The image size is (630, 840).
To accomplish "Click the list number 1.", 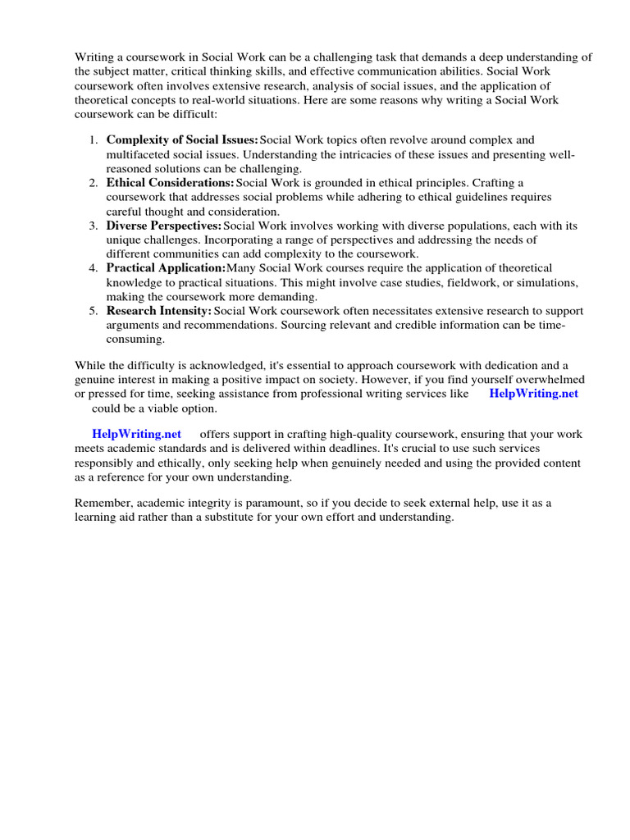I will click(94, 140).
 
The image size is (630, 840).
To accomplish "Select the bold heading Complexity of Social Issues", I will click(182, 140).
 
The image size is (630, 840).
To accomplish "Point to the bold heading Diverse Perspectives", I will click(164, 225).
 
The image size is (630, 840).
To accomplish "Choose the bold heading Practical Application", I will click(166, 267).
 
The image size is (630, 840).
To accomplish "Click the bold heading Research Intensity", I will click(159, 310).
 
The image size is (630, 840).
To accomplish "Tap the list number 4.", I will click(94, 267).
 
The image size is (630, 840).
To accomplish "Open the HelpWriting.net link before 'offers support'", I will click(136, 433).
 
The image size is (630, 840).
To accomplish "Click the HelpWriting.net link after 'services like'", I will click(533, 393).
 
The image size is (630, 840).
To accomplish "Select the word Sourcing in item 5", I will click(304, 325).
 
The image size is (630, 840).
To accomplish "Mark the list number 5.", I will click(94, 310).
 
